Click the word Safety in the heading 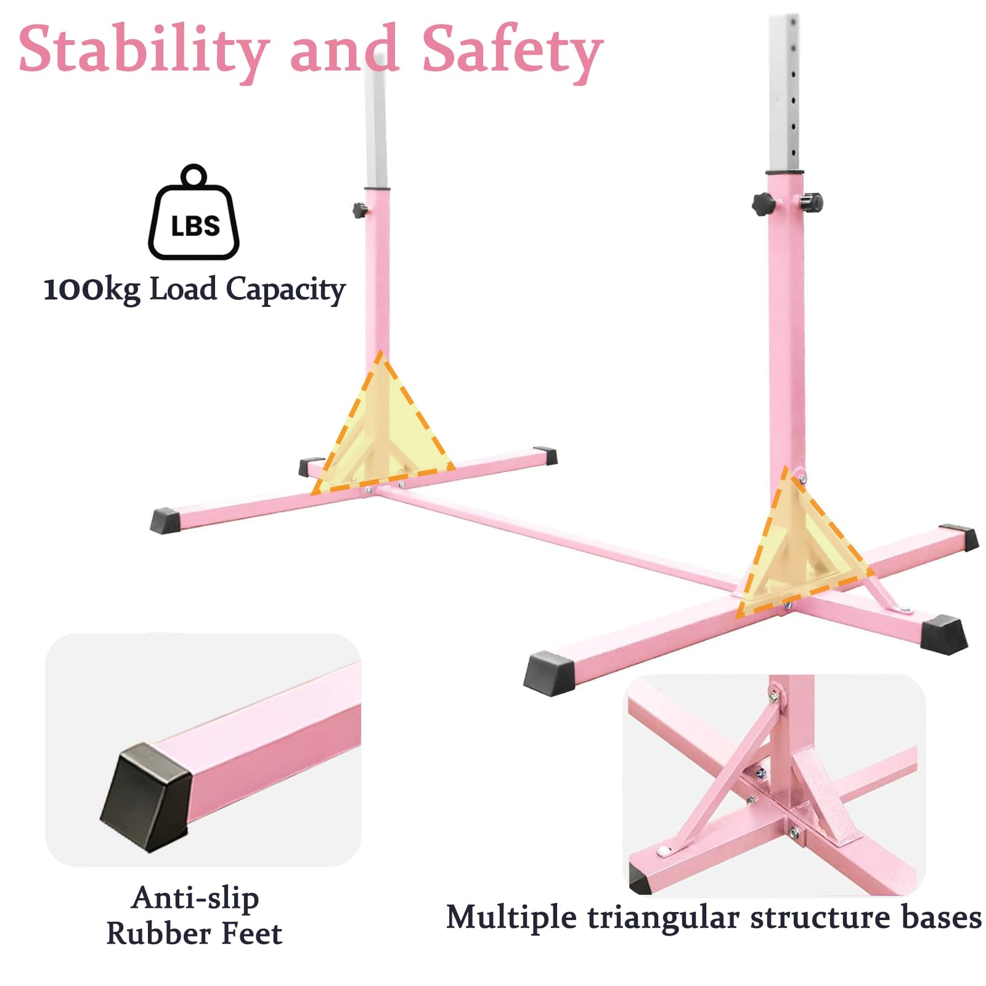[x=512, y=52]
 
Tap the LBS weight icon [x=194, y=212]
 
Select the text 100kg [x=92, y=289]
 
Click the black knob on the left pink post [x=360, y=210]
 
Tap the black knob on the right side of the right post [x=812, y=202]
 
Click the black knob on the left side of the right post [x=763, y=203]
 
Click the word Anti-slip [x=195, y=897]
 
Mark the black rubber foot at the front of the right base [x=549, y=675]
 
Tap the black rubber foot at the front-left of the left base [x=165, y=519]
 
